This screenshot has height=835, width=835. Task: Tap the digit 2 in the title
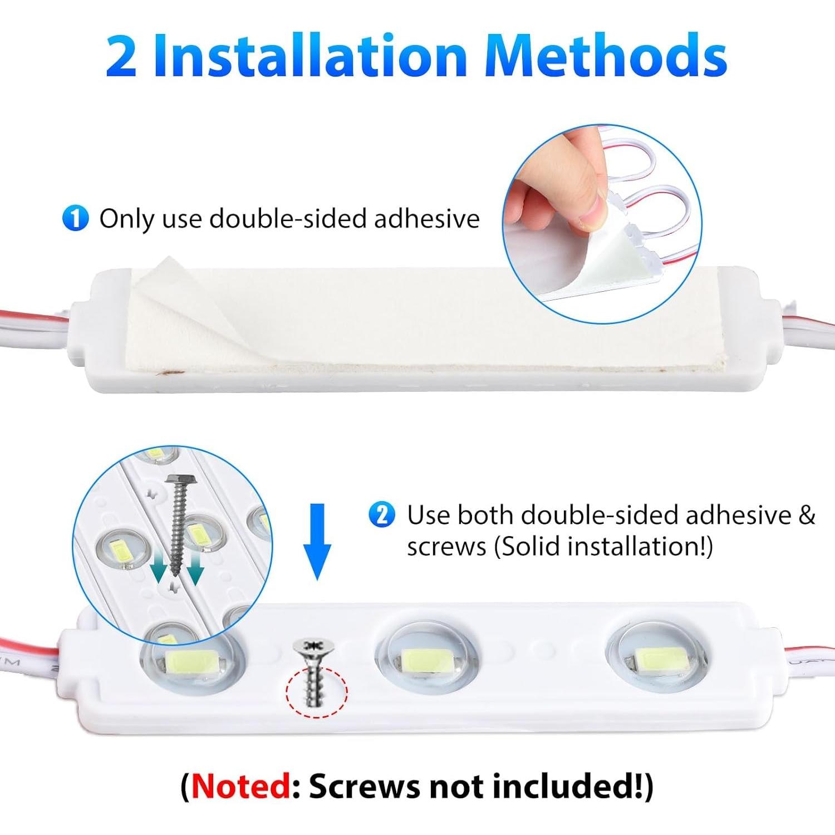(121, 57)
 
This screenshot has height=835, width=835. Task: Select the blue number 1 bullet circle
(75, 218)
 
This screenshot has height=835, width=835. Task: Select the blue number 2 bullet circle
(382, 515)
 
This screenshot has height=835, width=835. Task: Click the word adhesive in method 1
(426, 218)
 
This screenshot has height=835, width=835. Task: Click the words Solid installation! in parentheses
(604, 546)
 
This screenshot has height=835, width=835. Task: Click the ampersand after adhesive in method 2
(806, 515)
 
